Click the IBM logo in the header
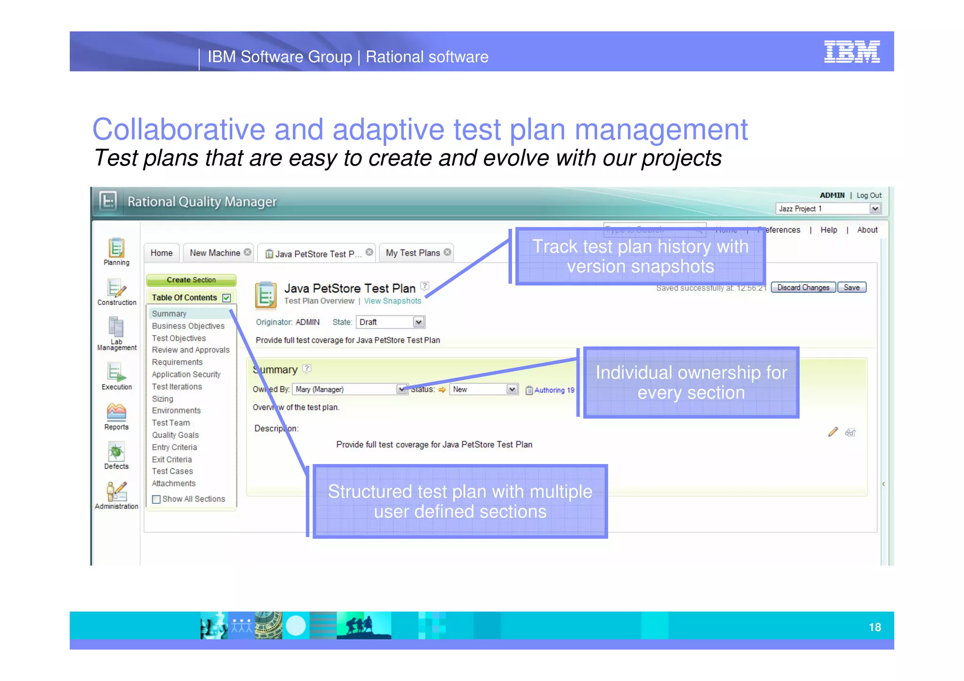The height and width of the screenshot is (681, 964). tap(852, 51)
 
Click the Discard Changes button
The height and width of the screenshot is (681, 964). tap(803, 288)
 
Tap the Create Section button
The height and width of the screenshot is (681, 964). tap(191, 280)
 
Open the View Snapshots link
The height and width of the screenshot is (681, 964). tap(393, 301)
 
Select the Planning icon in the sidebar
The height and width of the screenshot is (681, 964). tap(116, 248)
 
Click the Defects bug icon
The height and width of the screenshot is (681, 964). tap(116, 452)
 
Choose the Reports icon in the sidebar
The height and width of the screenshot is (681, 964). tap(116, 412)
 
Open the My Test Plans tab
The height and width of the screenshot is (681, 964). tap(413, 253)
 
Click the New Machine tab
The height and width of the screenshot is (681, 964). tap(215, 253)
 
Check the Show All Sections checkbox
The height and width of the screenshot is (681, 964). tap(157, 499)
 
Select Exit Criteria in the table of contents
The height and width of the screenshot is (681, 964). tap(172, 460)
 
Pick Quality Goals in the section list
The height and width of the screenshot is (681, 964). tap(175, 435)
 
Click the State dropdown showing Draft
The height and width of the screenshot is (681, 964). tap(391, 322)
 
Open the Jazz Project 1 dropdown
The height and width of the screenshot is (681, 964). tap(828, 209)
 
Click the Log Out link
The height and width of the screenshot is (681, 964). tap(869, 195)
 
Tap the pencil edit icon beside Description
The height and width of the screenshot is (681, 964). tap(833, 432)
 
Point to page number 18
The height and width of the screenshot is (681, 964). tap(875, 627)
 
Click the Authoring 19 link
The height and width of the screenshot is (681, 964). tap(554, 390)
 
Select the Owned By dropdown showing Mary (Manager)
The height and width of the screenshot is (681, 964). tap(350, 390)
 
